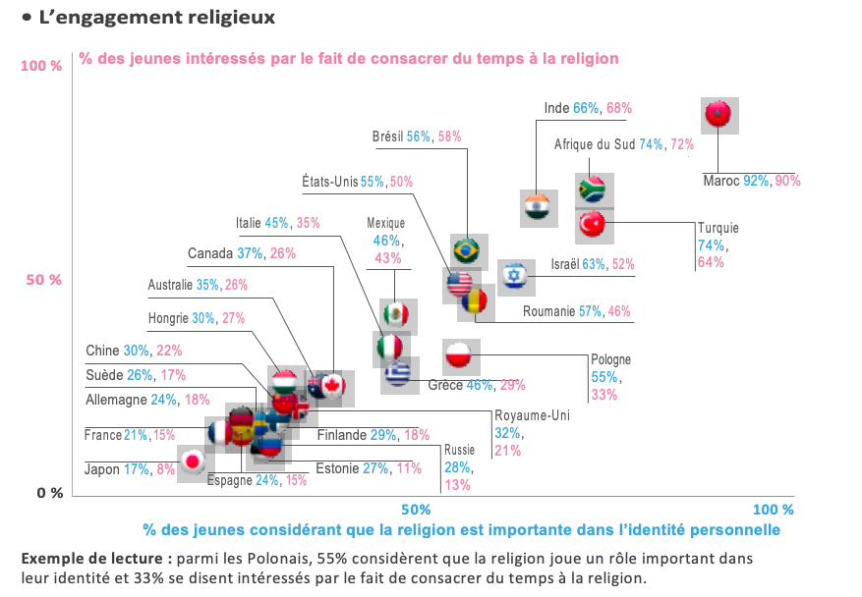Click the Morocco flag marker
[x=719, y=116]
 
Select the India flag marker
[x=537, y=207]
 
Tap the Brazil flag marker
[x=466, y=252]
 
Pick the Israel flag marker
[x=515, y=276]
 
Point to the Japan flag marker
[x=195, y=461]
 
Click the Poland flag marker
[x=460, y=354]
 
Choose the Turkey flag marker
[x=593, y=226]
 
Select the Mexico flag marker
[x=395, y=315]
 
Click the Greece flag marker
[x=397, y=373]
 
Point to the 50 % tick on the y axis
[x=42, y=280]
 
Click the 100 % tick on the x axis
[x=773, y=510]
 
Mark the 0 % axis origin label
[x=49, y=493]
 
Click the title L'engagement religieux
[x=156, y=19]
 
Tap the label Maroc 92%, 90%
[x=752, y=181]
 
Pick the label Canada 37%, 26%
[x=242, y=253]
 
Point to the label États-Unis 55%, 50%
[x=358, y=182]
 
